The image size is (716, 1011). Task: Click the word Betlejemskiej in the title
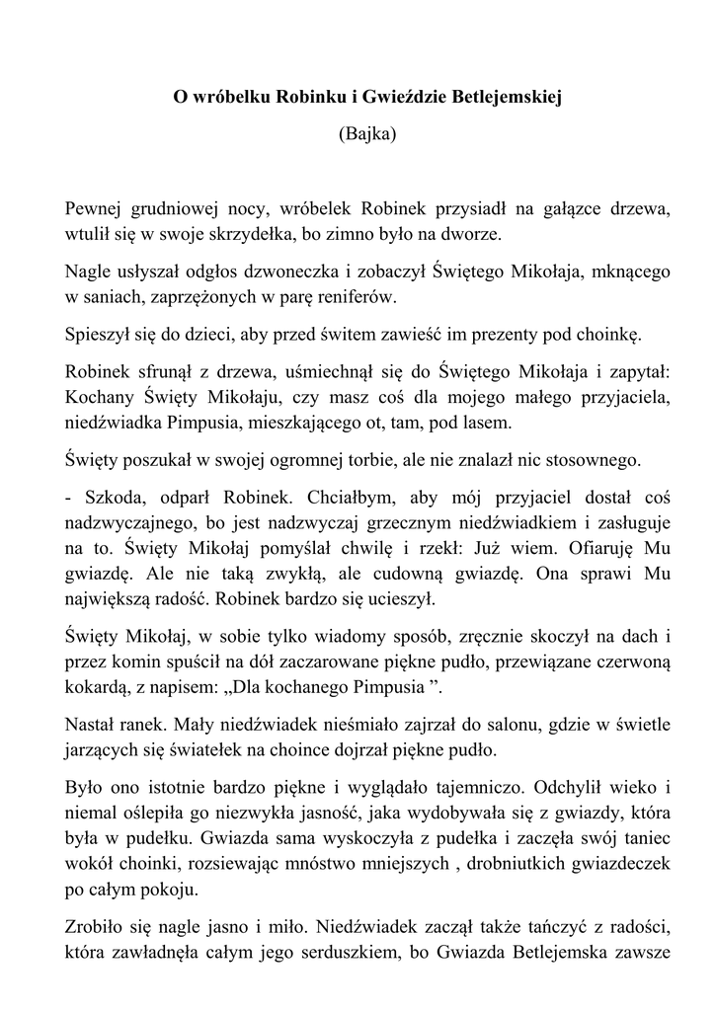click(x=492, y=98)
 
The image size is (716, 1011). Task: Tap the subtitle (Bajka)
click(x=366, y=133)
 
